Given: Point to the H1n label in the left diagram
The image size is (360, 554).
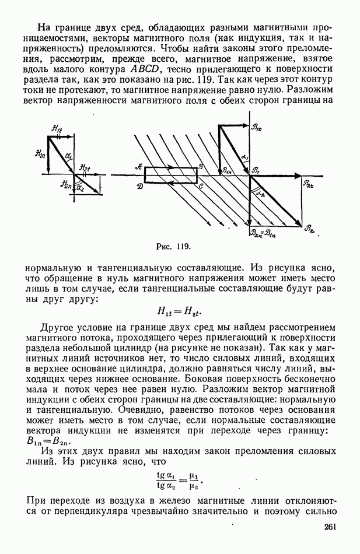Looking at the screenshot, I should pyautogui.click(x=40, y=153).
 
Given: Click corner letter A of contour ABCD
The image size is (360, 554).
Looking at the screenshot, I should pyautogui.click(x=138, y=166).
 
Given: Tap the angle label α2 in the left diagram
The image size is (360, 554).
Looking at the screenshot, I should pyautogui.click(x=81, y=188).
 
